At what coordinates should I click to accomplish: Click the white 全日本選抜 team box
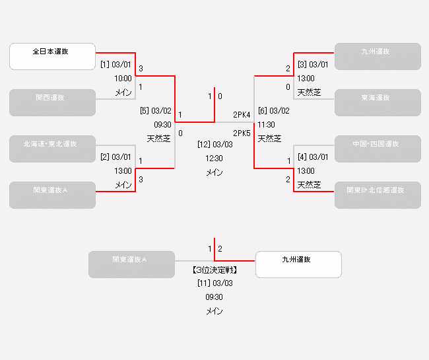pos(53,56)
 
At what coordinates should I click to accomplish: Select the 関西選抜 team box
pos(53,102)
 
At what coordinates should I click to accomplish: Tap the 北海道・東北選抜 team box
pos(53,149)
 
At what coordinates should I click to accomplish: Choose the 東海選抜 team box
pos(378,102)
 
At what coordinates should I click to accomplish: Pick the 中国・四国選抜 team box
pos(378,149)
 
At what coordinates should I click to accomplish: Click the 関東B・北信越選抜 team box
pos(378,195)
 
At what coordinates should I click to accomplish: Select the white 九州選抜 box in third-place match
pos(298,264)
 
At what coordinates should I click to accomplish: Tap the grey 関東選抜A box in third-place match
pos(131,264)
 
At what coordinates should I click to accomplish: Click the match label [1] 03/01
pos(116,65)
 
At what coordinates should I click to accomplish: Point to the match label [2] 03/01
pos(116,157)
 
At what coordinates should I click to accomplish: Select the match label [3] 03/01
pos(312,65)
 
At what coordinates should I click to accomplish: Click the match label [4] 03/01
pos(312,157)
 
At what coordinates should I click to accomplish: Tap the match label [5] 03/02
pos(156,111)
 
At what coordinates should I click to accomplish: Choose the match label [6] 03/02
pos(273,111)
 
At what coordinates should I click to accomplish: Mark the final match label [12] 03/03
pos(214,144)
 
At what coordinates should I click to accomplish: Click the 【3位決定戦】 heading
pos(214,270)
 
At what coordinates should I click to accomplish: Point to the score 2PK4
pos(242,115)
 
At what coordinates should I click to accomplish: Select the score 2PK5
pos(242,133)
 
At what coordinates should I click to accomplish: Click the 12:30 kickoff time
pos(214,159)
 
